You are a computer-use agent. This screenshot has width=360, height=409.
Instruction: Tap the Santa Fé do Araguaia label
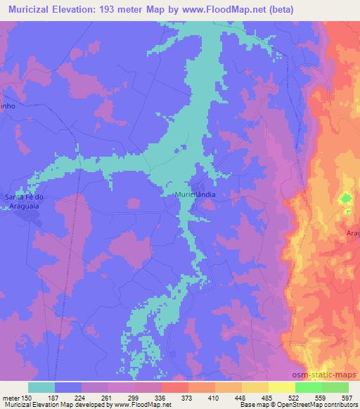click(x=25, y=201)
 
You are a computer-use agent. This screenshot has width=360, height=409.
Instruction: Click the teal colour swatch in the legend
click(x=41, y=387)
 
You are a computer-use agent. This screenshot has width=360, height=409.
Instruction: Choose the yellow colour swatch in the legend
click(x=281, y=387)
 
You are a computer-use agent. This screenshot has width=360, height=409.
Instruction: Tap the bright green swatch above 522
click(x=308, y=387)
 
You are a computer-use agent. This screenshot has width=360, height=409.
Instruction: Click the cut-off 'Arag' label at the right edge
click(x=352, y=232)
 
